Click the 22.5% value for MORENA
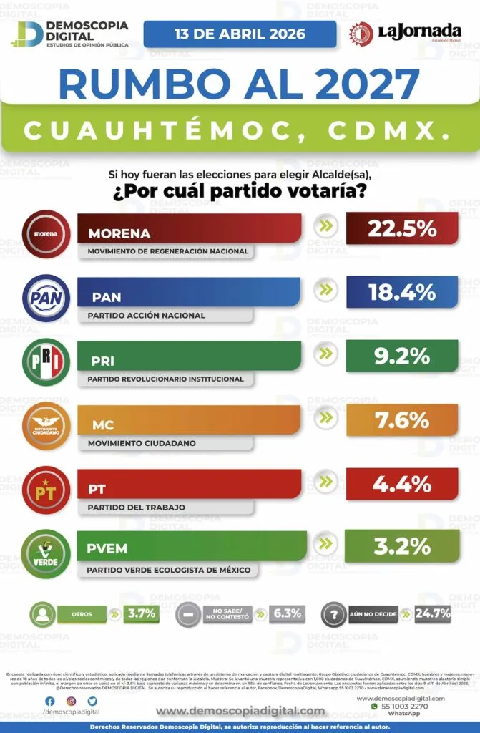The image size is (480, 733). (402, 228)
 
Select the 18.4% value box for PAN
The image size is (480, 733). (401, 292)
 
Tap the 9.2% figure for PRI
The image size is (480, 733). (401, 356)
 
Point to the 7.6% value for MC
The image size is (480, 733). (401, 420)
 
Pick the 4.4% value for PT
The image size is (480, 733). (401, 484)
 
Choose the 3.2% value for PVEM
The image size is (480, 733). (401, 547)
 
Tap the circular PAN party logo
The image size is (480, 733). (46, 298)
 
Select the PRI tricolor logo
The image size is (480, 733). (46, 362)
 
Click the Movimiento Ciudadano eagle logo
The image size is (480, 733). (46, 426)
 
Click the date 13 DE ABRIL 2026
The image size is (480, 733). (240, 34)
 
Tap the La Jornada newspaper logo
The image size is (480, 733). (405, 33)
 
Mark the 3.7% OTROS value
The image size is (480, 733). (141, 613)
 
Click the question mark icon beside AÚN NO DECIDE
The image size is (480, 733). (333, 614)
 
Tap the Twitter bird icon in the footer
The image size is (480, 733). (93, 701)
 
